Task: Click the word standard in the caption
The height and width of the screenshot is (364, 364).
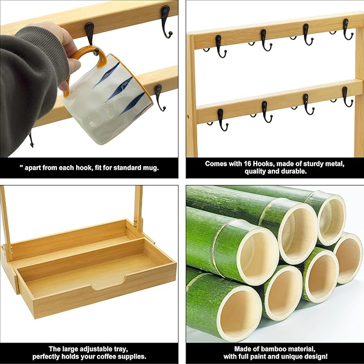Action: tap(119, 167)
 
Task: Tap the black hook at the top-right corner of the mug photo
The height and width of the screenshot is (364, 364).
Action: tap(166, 21)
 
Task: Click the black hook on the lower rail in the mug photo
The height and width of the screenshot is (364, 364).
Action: tap(159, 96)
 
